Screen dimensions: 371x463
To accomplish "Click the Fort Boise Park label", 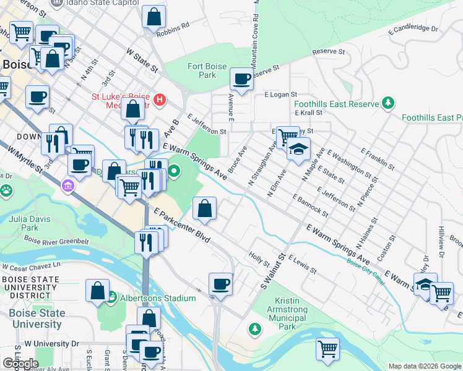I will (204, 70).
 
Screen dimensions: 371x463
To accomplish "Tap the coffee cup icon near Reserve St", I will (241, 80).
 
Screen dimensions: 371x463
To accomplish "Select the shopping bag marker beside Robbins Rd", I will (154, 17).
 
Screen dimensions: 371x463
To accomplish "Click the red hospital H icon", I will (160, 99).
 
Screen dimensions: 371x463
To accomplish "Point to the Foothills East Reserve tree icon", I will (388, 103).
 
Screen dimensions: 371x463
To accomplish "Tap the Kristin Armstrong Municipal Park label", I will (285, 313).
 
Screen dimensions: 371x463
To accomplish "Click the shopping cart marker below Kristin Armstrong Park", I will (327, 349).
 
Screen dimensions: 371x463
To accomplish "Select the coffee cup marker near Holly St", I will (220, 284).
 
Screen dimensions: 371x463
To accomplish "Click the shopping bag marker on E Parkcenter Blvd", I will (204, 209).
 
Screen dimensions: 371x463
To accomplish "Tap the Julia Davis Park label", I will (24, 223).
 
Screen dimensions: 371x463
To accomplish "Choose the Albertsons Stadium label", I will (158, 298).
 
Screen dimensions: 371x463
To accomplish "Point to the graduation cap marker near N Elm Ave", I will (298, 150).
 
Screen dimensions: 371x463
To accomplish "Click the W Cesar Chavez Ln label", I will (31, 266).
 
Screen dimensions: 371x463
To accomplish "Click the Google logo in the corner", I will (20, 364).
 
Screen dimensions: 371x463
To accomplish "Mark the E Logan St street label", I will (281, 95).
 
